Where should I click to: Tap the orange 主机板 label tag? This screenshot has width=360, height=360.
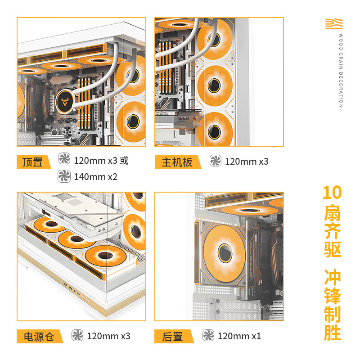click(x=177, y=162)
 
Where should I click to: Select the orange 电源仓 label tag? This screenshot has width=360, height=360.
click(x=39, y=336)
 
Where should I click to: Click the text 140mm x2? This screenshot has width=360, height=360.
click(x=95, y=177)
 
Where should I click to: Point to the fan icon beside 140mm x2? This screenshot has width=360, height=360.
click(x=64, y=176)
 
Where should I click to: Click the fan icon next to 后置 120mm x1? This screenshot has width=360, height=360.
click(x=208, y=335)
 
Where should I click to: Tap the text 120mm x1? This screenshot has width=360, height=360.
click(x=239, y=336)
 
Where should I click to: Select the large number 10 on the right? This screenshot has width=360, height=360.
click(x=332, y=193)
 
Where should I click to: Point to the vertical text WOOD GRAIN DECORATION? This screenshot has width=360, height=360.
click(x=341, y=71)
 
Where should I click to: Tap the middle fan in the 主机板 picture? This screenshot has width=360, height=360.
click(x=215, y=84)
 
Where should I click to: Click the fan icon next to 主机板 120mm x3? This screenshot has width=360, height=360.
click(x=216, y=161)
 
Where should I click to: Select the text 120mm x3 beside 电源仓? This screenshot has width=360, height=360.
click(x=108, y=336)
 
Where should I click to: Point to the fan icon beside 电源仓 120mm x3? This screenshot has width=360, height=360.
click(x=77, y=335)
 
